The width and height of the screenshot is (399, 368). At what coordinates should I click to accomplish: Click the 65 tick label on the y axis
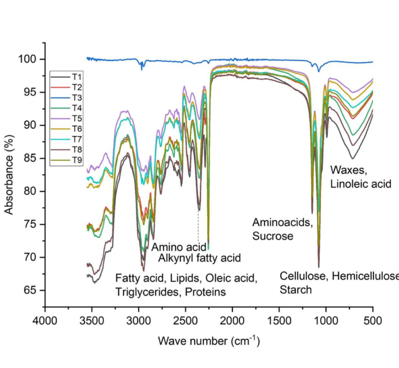[33, 290]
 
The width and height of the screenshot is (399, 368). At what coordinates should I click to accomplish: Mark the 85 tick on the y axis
[33, 158]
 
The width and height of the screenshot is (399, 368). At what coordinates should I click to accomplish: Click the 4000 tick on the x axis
[45, 320]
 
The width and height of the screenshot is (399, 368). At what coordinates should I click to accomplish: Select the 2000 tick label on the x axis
[232, 320]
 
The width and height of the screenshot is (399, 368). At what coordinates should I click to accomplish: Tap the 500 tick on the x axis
[373, 320]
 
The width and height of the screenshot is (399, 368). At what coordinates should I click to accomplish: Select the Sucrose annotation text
[273, 236]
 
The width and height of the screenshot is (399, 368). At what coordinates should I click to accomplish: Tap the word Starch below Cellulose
[296, 289]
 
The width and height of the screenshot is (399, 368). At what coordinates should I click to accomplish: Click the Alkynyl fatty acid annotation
[199, 257]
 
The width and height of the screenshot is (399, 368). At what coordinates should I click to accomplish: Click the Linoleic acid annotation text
[360, 184]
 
